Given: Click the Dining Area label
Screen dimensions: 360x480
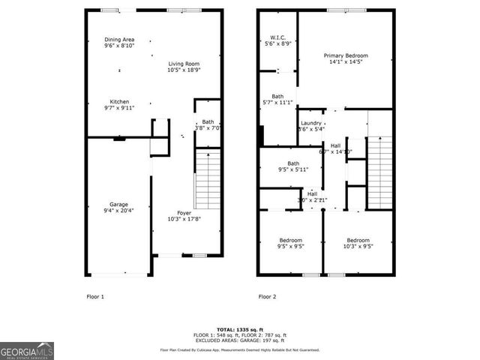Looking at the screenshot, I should (119, 40).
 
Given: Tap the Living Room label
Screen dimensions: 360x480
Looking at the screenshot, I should (184, 64).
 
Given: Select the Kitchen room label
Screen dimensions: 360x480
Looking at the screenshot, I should (120, 102).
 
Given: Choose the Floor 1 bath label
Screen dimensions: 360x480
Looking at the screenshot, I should (208, 122).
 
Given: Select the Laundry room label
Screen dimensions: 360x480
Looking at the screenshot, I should (310, 123).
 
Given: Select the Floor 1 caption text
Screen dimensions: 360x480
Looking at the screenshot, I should (94, 297).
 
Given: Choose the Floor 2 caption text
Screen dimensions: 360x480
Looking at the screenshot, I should (268, 297).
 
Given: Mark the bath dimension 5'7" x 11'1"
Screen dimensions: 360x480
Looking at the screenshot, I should (277, 102).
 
